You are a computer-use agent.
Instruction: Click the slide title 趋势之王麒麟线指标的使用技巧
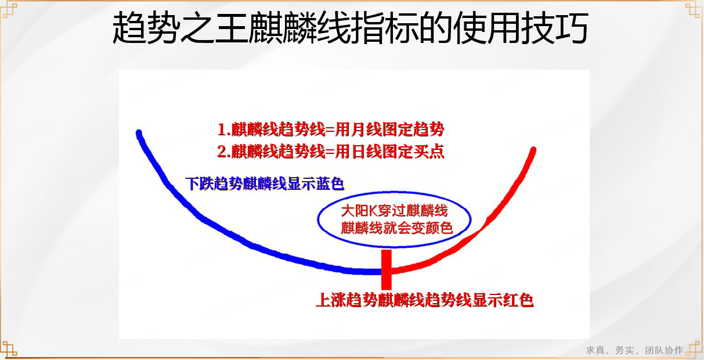click(351, 28)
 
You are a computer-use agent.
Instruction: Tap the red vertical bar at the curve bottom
click(387, 270)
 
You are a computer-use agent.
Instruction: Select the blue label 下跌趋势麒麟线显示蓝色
click(265, 183)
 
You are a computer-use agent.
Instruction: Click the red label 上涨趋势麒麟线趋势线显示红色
click(425, 300)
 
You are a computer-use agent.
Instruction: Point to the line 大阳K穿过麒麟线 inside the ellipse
click(394, 211)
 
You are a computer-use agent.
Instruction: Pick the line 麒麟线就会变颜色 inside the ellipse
click(396, 228)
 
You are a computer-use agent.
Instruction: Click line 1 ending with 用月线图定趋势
click(331, 129)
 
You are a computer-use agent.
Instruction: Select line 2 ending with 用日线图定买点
click(331, 152)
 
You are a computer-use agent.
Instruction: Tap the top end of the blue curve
click(139, 133)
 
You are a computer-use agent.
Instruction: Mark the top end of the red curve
click(533, 150)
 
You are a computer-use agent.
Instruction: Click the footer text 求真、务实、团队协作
click(634, 350)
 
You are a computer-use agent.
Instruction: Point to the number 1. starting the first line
click(224, 129)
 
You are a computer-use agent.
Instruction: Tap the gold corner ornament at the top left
click(9, 10)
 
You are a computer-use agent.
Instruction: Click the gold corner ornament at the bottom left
click(9, 349)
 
